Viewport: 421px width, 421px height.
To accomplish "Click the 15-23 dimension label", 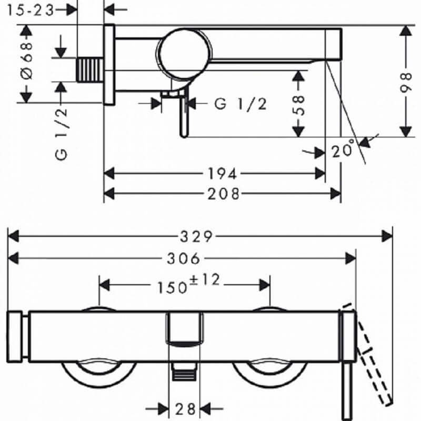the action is click(x=31, y=10).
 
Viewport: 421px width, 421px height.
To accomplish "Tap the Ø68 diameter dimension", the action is click(x=27, y=61).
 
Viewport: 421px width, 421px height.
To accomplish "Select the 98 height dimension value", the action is click(x=406, y=83).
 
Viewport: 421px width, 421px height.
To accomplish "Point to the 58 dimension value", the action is click(x=298, y=105).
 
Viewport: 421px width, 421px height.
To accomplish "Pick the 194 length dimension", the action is click(x=222, y=174).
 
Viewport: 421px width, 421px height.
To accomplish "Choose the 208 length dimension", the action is click(x=223, y=194).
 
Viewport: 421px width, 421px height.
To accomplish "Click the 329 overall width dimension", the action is click(x=196, y=237).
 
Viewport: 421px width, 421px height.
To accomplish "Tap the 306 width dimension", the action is click(x=184, y=258).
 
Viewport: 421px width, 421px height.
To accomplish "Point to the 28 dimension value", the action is click(x=185, y=409).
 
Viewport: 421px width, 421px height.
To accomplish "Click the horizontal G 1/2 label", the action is click(x=240, y=104).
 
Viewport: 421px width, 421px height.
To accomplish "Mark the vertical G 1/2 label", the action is click(x=61, y=135).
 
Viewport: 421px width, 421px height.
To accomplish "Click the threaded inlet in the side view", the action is click(x=90, y=70).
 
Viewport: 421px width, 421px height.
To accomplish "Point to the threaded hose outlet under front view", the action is click(x=184, y=372).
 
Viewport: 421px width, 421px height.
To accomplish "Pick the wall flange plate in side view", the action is click(x=109, y=64).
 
